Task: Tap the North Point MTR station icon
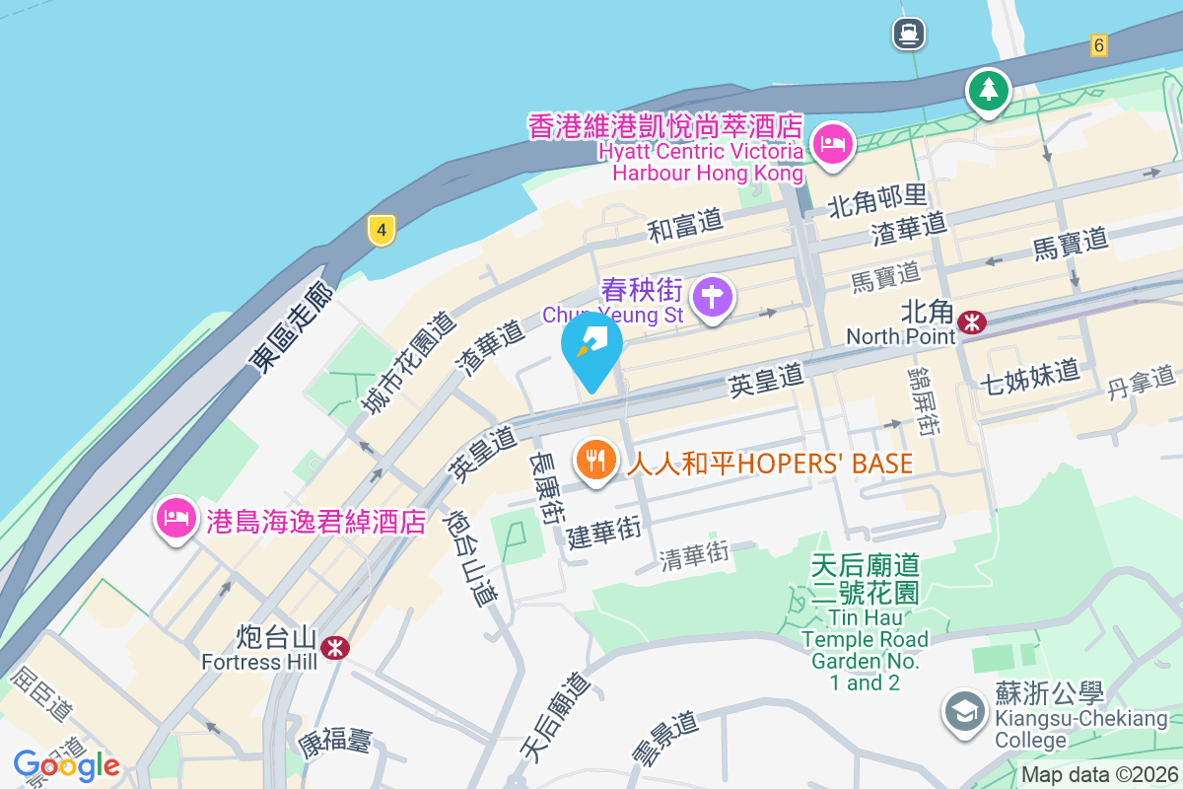(972, 322)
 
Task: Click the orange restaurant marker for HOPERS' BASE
(595, 460)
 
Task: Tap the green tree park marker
(987, 91)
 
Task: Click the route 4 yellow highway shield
(382, 231)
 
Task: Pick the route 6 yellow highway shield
(1099, 44)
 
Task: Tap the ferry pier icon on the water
(908, 34)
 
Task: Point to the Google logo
(66, 765)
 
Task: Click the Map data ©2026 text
(1099, 775)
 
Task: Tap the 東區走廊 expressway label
(292, 325)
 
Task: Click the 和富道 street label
(685, 227)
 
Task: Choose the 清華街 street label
(696, 556)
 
